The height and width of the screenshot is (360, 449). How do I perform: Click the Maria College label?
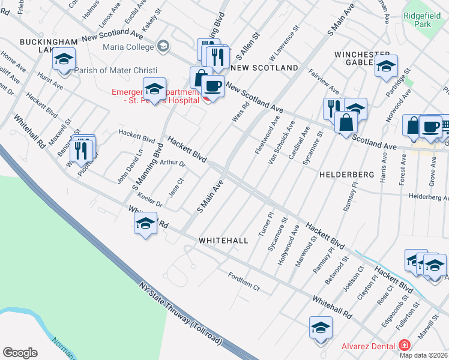pyautogui.click(x=128, y=46)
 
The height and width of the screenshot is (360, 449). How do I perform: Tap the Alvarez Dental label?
pyautogui.click(x=367, y=346)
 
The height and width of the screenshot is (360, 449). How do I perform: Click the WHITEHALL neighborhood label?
pyautogui.click(x=223, y=240)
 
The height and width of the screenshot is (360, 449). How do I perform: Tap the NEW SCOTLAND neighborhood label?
pyautogui.click(x=264, y=68)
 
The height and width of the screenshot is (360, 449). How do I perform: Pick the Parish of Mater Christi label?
pyautogui.click(x=107, y=70)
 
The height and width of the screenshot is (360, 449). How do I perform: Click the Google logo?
pyautogui.click(x=20, y=353)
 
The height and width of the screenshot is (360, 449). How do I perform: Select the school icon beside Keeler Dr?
pyautogui.click(x=145, y=224)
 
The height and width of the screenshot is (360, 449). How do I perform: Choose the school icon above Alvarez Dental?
pyautogui.click(x=321, y=328)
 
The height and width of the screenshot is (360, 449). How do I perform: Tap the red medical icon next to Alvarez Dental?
pyautogui.click(x=405, y=346)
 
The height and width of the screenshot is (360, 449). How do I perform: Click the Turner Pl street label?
pyautogui.click(x=265, y=223)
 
